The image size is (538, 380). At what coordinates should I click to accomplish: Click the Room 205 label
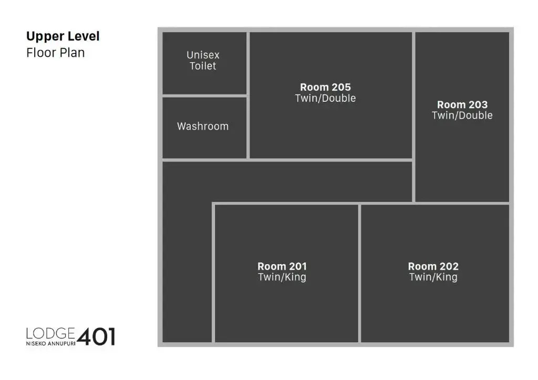[x=325, y=87]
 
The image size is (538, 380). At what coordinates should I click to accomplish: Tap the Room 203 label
[x=462, y=104]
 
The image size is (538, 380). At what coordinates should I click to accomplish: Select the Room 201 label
[x=282, y=266]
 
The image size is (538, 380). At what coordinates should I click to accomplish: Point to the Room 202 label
[x=433, y=266]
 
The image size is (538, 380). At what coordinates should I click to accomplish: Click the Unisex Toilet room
[x=204, y=62]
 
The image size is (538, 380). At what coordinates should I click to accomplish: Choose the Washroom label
[x=203, y=126]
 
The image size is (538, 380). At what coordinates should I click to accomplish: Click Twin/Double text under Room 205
[x=325, y=98]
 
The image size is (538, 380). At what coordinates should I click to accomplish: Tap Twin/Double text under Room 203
[x=462, y=115]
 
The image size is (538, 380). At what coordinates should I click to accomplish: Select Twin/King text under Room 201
[x=282, y=277]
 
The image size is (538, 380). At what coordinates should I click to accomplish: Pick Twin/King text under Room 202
[x=433, y=277]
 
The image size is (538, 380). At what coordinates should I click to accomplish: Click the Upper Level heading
[x=63, y=36]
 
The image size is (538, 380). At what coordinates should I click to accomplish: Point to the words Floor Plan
[x=56, y=53]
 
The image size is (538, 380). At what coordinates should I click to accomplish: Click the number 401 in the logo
[x=96, y=337]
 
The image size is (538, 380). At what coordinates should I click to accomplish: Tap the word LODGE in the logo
[x=50, y=333]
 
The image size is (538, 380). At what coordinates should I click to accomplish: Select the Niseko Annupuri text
[x=50, y=343]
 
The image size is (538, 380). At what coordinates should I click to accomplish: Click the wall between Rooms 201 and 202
[x=359, y=273]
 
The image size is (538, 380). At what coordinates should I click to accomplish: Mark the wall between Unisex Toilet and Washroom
[x=204, y=96]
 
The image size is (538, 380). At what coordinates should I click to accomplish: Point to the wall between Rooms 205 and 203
[x=414, y=117]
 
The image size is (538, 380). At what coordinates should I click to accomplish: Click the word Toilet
[x=203, y=66]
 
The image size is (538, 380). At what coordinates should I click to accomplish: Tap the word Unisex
[x=203, y=55]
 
